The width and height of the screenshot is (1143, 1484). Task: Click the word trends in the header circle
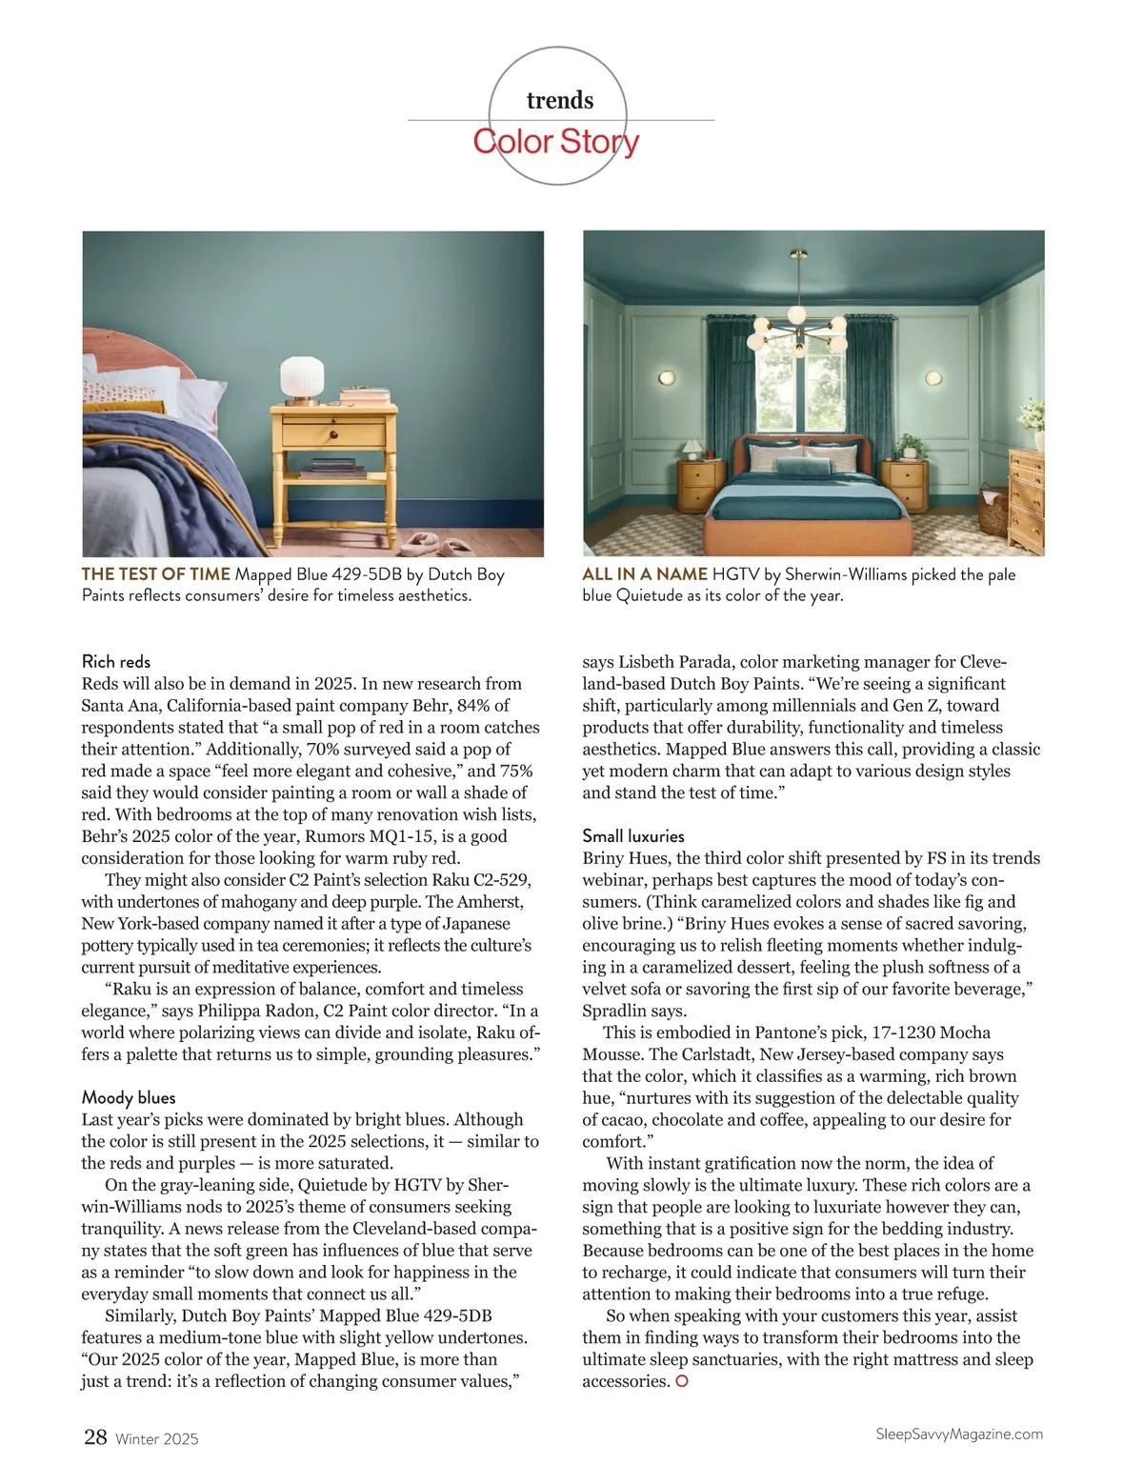[559, 100]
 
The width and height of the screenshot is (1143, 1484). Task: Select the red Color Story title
[556, 142]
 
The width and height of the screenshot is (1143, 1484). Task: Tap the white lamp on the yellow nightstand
[303, 380]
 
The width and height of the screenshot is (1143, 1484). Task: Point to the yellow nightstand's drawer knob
[334, 434]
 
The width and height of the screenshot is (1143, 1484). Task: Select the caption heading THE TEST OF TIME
[156, 574]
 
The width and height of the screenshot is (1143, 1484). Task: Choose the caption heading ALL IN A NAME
[645, 574]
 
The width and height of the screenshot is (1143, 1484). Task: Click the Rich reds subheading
[116, 661]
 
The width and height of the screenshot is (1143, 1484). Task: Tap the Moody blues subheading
[129, 1097]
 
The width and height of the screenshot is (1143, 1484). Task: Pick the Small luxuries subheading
[633, 835]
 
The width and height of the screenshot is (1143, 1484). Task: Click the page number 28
[95, 1437]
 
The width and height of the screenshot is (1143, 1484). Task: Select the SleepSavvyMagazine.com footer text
[958, 1434]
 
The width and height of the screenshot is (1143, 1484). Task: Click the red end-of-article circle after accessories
[681, 1381]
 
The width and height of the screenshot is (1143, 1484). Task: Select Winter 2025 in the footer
[157, 1439]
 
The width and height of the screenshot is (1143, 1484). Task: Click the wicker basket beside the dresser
[993, 511]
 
